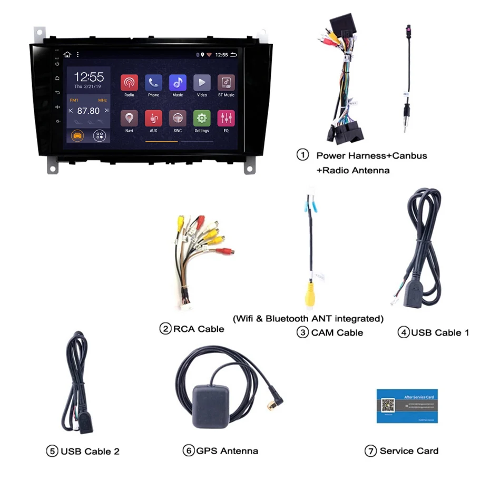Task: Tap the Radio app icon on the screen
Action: tap(129, 83)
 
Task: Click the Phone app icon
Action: tap(153, 83)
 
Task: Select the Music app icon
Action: tap(178, 83)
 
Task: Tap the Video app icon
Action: tap(202, 83)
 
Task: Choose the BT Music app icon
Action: tap(226, 83)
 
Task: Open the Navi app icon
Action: tap(129, 118)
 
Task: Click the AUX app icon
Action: tap(153, 118)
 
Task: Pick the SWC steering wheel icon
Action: tap(178, 118)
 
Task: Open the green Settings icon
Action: tap(202, 118)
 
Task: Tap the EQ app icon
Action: tap(226, 118)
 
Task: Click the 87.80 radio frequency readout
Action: tap(89, 111)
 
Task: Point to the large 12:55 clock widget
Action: tap(89, 77)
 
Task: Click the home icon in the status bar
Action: tap(67, 54)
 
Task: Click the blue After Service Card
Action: tap(407, 406)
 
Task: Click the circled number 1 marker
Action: tap(302, 155)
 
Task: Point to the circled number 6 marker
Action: tap(188, 450)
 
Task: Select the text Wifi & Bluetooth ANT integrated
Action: tap(308, 318)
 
